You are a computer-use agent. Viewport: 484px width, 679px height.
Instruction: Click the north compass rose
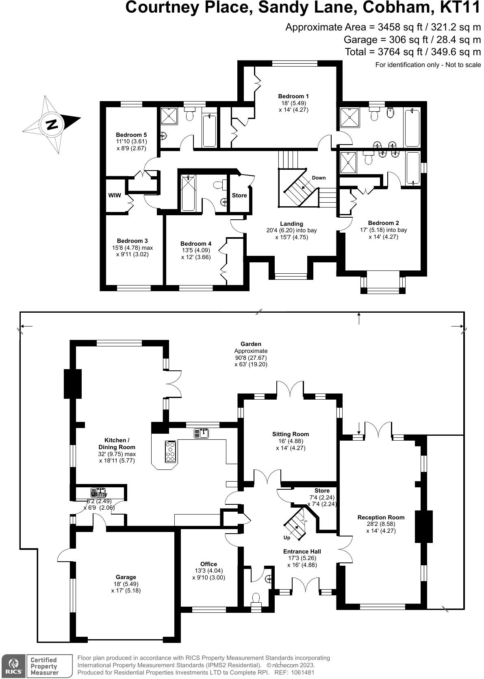(x=52, y=124)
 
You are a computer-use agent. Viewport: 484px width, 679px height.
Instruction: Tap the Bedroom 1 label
(x=293, y=96)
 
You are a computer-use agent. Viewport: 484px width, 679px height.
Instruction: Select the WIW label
(x=114, y=195)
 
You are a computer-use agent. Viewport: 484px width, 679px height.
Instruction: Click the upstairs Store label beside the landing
(x=239, y=195)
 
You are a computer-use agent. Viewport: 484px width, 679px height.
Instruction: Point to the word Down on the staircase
(x=319, y=178)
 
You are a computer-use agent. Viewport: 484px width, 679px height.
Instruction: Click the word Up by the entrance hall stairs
(x=287, y=537)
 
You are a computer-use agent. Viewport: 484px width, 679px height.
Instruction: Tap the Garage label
(x=126, y=577)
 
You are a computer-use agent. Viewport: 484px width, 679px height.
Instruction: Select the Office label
(x=208, y=564)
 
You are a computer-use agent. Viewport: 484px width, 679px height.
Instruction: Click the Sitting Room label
(x=291, y=434)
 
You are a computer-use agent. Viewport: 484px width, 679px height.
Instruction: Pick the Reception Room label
(x=381, y=517)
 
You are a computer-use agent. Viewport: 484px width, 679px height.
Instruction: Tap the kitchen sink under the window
(x=202, y=433)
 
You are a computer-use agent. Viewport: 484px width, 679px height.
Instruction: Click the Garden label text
(x=251, y=344)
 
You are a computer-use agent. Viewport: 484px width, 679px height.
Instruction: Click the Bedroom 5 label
(x=131, y=135)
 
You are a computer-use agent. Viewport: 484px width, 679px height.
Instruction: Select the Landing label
(x=291, y=224)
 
